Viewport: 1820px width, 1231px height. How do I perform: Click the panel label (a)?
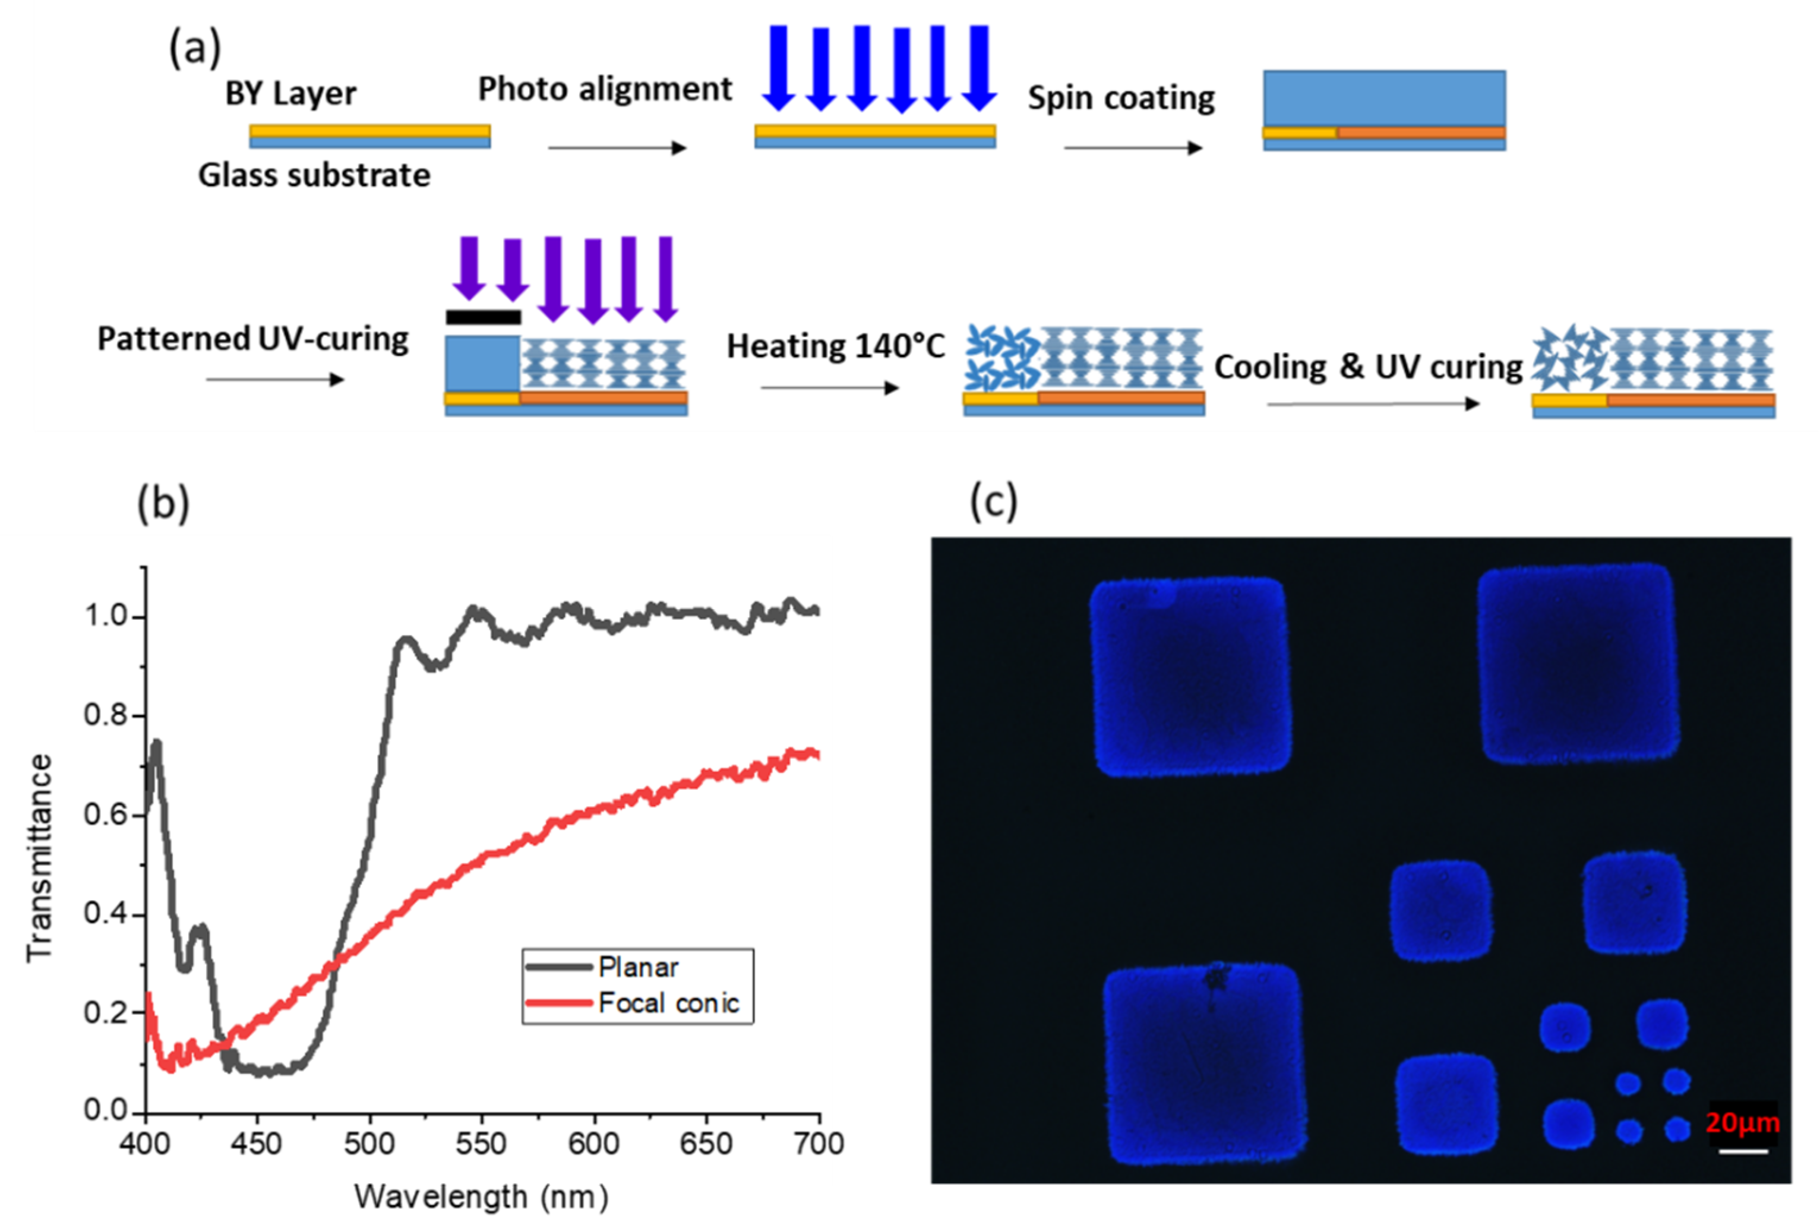click(x=195, y=49)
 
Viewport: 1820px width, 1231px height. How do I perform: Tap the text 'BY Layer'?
click(x=290, y=94)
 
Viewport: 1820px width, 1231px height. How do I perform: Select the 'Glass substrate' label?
click(x=314, y=175)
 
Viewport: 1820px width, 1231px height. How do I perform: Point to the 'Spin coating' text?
click(x=1121, y=99)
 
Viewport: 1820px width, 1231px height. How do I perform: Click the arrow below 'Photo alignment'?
click(x=617, y=148)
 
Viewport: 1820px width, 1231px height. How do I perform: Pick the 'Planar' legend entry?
click(x=637, y=967)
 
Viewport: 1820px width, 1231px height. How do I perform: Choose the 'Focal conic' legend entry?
click(x=668, y=1003)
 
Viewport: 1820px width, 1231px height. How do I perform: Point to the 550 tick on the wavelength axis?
click(x=481, y=1144)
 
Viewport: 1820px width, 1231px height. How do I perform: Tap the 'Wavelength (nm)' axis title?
click(x=481, y=1197)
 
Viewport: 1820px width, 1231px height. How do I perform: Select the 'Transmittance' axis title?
click(x=39, y=857)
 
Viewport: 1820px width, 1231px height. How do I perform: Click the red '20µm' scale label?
click(x=1742, y=1122)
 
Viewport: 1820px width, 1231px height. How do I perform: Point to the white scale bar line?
click(x=1743, y=1150)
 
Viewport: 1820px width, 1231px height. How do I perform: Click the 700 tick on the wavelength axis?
click(x=819, y=1144)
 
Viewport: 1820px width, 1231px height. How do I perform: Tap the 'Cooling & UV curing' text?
click(x=1367, y=367)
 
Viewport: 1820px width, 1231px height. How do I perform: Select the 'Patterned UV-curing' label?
click(x=252, y=340)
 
